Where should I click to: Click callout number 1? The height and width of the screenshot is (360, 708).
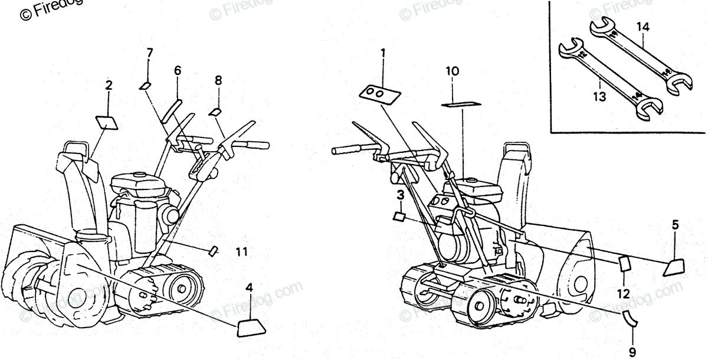pyautogui.click(x=382, y=54)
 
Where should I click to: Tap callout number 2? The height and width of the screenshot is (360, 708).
pyautogui.click(x=109, y=86)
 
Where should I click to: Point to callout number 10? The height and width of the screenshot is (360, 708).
pyautogui.click(x=452, y=73)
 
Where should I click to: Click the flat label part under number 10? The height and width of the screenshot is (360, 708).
pyautogui.click(x=458, y=104)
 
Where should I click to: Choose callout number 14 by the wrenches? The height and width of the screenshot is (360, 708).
pyautogui.click(x=643, y=26)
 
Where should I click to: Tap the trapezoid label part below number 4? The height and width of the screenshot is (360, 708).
pyautogui.click(x=250, y=328)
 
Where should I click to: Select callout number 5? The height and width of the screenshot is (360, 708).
pyautogui.click(x=676, y=224)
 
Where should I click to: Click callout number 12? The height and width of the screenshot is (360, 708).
pyautogui.click(x=624, y=293)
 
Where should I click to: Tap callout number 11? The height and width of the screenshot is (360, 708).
pyautogui.click(x=241, y=252)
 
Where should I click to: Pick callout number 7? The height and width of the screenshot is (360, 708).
pyautogui.click(x=149, y=53)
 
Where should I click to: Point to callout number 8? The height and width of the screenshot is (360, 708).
pyautogui.click(x=218, y=80)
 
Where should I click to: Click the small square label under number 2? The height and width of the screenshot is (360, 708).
pyautogui.click(x=106, y=122)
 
